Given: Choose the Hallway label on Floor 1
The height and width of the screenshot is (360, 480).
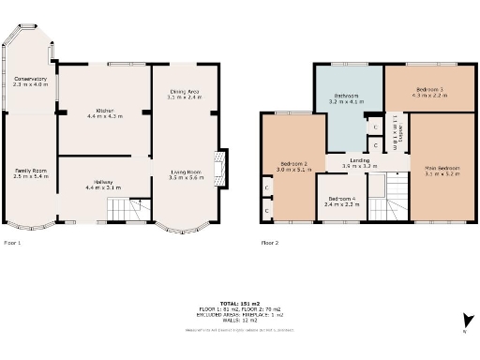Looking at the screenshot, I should click(103, 185).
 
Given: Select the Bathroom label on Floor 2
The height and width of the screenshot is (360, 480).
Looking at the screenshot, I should click(346, 97).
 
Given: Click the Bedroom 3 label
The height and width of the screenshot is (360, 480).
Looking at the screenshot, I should click(428, 92).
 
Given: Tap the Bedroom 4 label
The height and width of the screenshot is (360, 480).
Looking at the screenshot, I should click(339, 201).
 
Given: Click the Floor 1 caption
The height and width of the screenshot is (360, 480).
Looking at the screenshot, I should click(12, 242).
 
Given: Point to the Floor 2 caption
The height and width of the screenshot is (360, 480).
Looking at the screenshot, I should click(270, 242).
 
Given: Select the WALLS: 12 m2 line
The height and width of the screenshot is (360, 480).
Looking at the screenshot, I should click(239, 320).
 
